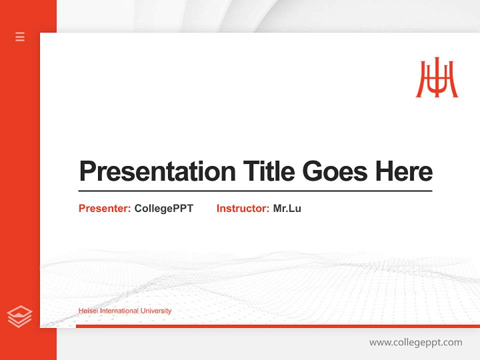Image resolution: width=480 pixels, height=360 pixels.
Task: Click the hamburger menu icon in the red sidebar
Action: pos(20,36)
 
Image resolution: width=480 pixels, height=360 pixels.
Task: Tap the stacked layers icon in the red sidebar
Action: pos(19,317)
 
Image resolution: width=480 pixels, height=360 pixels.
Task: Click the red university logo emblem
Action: pos(437,78)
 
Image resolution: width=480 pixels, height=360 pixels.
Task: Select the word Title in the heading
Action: pos(269,171)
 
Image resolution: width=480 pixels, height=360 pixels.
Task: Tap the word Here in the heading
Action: pos(404,171)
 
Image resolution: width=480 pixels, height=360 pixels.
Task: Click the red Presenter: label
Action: pos(104,208)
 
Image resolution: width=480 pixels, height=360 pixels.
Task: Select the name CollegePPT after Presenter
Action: pos(163,208)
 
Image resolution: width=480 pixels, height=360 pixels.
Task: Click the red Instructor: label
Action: pos(242,208)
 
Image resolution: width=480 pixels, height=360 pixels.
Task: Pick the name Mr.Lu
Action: pos(287,208)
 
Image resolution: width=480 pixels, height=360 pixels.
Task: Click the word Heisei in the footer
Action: pos(88,311)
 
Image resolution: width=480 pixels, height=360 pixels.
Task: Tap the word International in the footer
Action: pos(119,311)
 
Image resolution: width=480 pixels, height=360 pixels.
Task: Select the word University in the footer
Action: pos(156,311)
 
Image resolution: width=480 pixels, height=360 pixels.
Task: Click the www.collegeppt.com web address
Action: pos(415,342)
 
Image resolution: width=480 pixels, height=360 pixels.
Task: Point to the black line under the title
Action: pos(255,191)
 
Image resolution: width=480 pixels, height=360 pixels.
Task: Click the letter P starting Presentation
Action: pos(87,171)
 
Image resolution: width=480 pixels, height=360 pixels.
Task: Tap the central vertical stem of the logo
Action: pos(437,77)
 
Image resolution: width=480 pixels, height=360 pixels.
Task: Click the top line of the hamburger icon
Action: pos(20,33)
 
